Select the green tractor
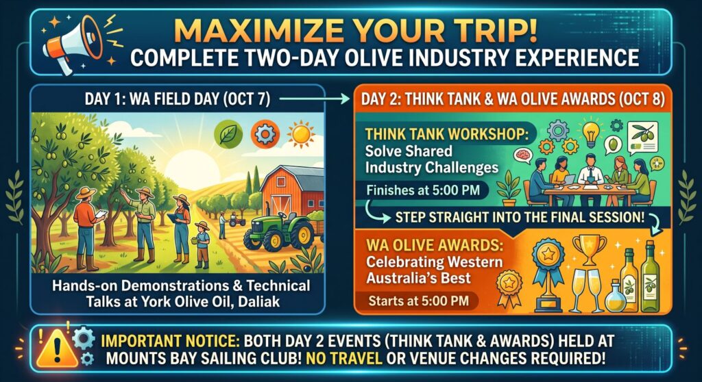[x=279, y=229]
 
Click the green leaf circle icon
[x=228, y=133]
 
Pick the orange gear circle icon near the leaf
[x=265, y=133]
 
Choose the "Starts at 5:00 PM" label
[x=419, y=301]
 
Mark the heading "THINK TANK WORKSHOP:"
[x=444, y=134]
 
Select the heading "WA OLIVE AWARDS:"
[x=434, y=245]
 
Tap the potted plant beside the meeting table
[x=509, y=190]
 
